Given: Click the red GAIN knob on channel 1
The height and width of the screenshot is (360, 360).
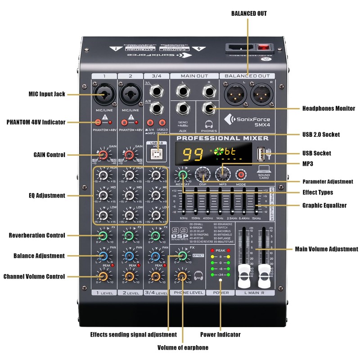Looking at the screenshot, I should pos(103,155).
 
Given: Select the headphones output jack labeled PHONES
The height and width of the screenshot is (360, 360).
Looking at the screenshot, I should pos(208,108).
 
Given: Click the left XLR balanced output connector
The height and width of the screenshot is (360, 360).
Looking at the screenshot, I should pos(234,94).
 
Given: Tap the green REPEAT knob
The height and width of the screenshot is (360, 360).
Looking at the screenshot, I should pos(183,174).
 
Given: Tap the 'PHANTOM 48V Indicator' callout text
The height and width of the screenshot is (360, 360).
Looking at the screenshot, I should pos(36,122).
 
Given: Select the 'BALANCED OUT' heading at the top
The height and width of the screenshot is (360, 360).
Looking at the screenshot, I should pos(249,13).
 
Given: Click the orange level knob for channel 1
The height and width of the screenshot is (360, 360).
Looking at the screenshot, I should pos(103,276).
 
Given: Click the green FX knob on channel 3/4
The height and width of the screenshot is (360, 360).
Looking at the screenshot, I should pos(156,235).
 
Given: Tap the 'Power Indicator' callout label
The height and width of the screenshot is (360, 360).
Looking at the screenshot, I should pos(220,334).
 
